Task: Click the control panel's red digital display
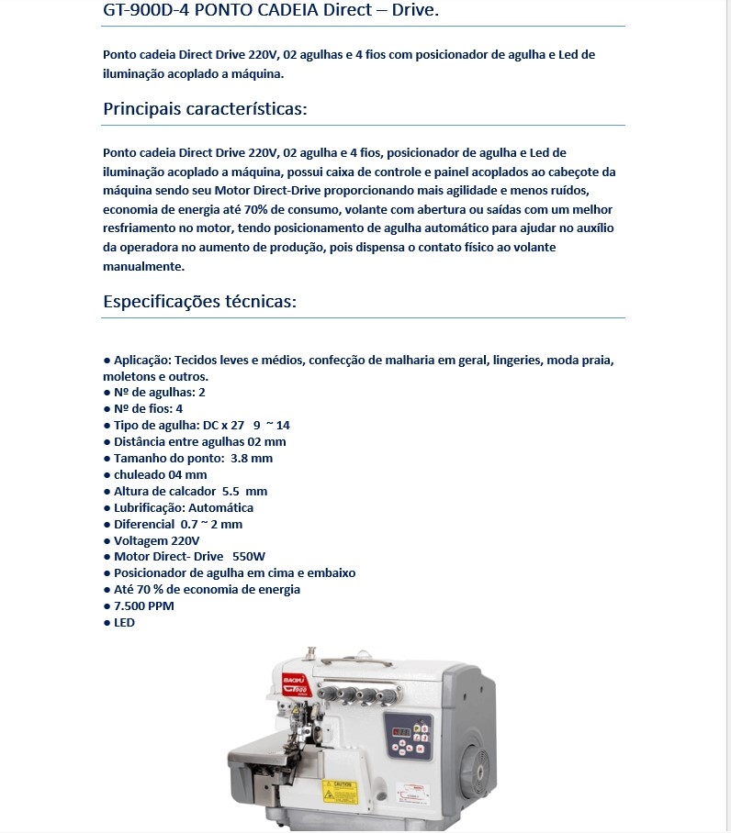pyautogui.click(x=401, y=730)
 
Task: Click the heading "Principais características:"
pyautogui.click(x=205, y=109)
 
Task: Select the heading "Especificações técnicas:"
pyautogui.click(x=199, y=302)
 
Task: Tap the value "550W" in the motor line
pyautogui.click(x=249, y=556)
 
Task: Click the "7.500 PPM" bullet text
pyautogui.click(x=143, y=605)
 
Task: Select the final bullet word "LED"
pyautogui.click(x=124, y=622)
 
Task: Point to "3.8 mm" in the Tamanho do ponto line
pyautogui.click(x=252, y=458)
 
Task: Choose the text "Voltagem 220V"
pyautogui.click(x=156, y=540)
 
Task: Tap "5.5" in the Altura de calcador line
pyautogui.click(x=232, y=491)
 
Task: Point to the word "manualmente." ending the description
pyautogui.click(x=144, y=267)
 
